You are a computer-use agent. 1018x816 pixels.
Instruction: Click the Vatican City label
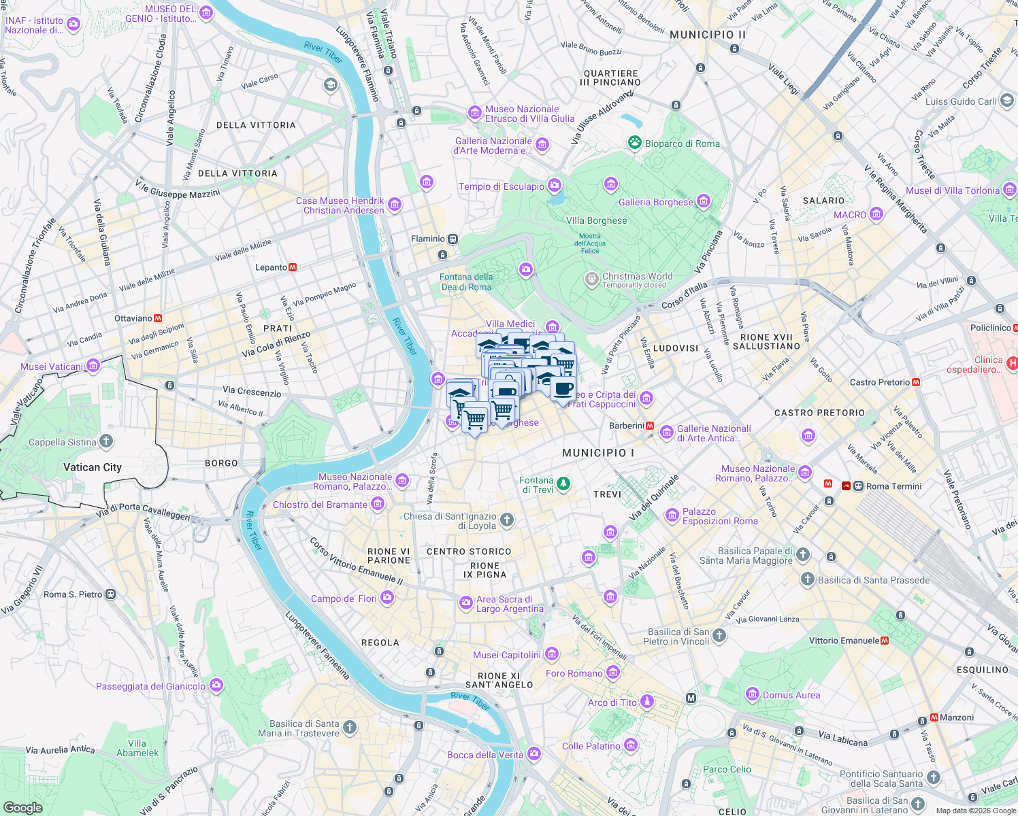[x=93, y=467]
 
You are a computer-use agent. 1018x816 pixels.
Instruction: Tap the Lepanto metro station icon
[x=293, y=267]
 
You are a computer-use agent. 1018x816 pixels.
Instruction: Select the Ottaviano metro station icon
[x=158, y=318]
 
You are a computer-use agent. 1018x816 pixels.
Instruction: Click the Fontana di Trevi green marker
[x=563, y=484]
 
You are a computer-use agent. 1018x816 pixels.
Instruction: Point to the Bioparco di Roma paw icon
[x=635, y=143]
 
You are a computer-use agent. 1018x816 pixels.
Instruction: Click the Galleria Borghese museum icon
[x=704, y=201]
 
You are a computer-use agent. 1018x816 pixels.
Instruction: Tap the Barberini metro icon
[x=650, y=426]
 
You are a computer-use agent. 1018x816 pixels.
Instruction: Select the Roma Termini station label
[x=893, y=486]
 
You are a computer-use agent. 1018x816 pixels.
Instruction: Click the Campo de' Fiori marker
[x=387, y=598]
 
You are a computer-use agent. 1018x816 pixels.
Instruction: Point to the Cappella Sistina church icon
[x=106, y=441]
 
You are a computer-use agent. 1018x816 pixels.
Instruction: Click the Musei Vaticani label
[x=52, y=367]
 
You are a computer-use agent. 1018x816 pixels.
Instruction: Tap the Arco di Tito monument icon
[x=647, y=701]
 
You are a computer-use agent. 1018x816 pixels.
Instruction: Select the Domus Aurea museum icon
[x=752, y=694]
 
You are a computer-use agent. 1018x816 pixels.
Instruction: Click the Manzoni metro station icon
[x=934, y=717]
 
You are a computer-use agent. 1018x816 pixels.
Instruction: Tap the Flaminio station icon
[x=453, y=239]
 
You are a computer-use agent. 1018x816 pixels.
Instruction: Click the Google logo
[x=23, y=807]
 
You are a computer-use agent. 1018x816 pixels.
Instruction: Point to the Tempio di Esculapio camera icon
[x=555, y=185]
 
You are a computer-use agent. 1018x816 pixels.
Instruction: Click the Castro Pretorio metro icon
[x=916, y=382]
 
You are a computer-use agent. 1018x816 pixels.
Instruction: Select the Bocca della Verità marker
[x=534, y=753]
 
